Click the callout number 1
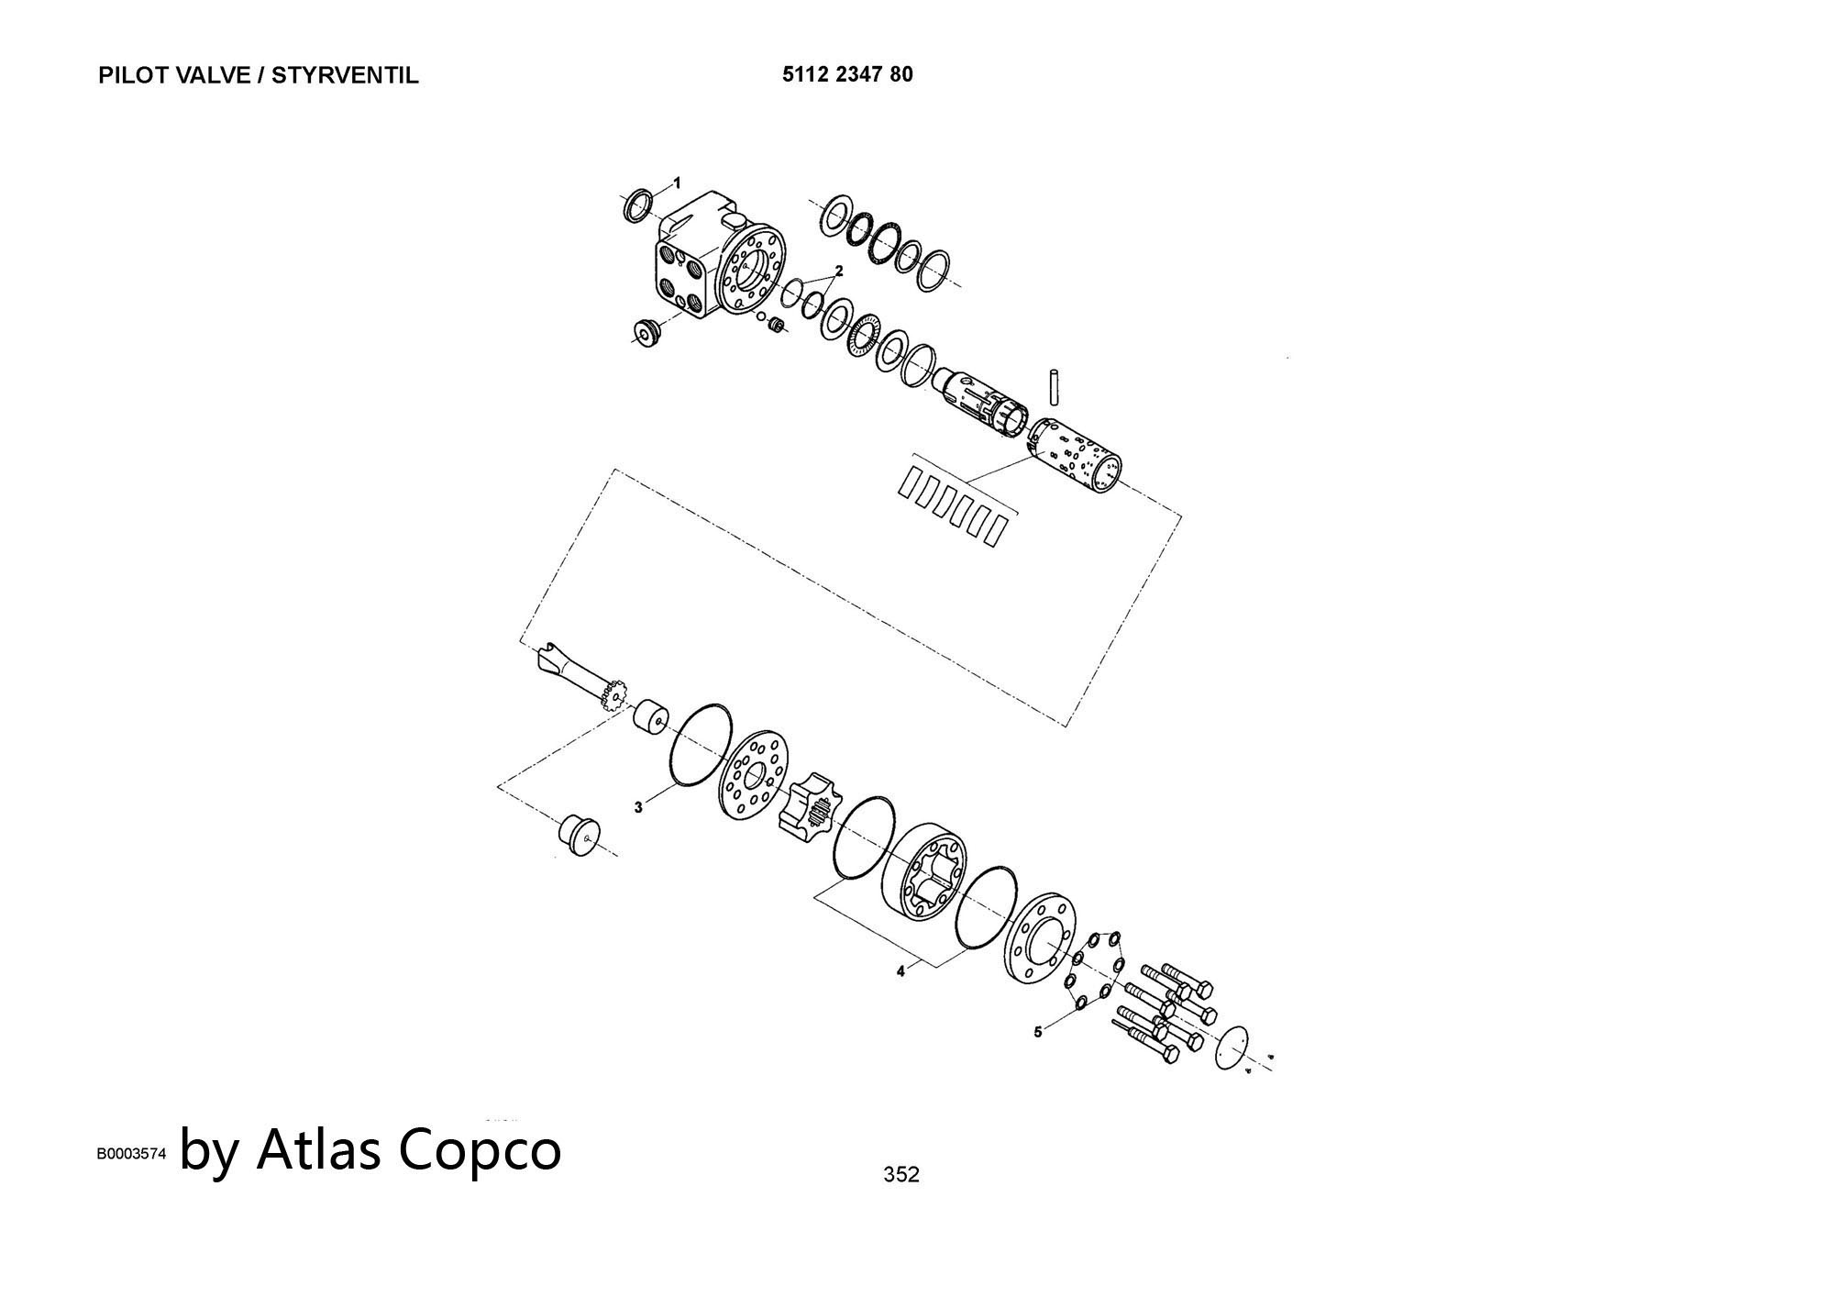(678, 183)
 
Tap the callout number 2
(838, 272)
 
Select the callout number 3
(638, 807)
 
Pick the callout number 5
(1038, 1032)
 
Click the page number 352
(900, 1174)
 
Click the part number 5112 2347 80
(847, 75)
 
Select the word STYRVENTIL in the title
(345, 76)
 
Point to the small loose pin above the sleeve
(1055, 385)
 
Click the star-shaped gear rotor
(807, 804)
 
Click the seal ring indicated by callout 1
(638, 206)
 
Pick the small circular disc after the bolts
(1232, 1047)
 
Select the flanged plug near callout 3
(578, 833)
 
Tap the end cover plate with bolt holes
(1039, 950)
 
